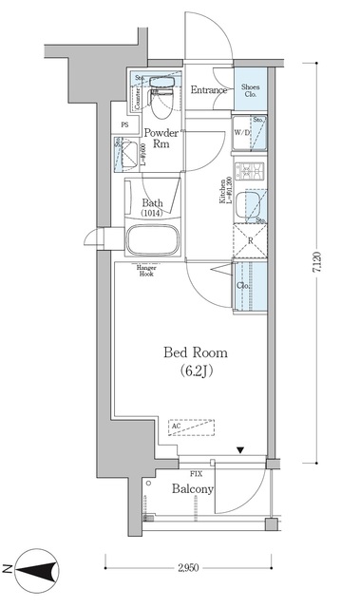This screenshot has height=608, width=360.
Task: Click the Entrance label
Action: pyautogui.click(x=209, y=91)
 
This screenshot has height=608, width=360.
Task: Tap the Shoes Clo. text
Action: pyautogui.click(x=252, y=90)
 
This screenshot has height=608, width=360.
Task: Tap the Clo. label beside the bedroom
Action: pyautogui.click(x=243, y=284)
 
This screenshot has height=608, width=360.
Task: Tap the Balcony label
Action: pyautogui.click(x=193, y=490)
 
